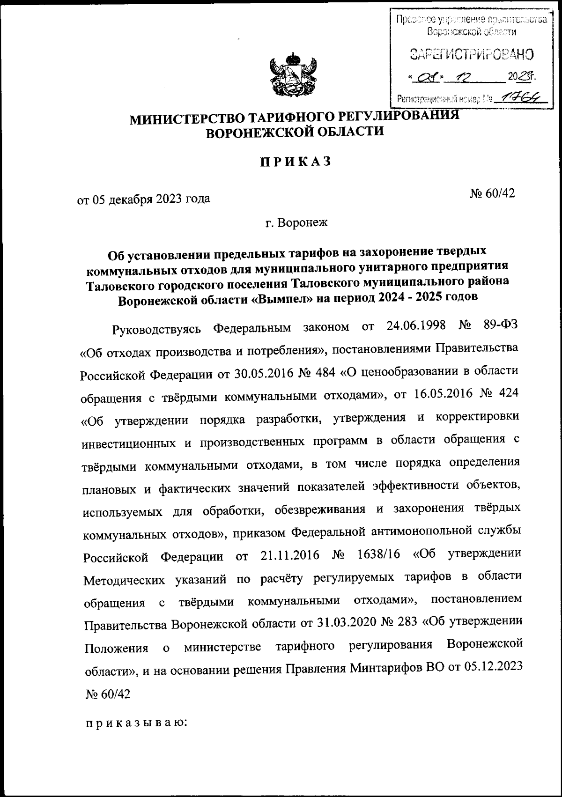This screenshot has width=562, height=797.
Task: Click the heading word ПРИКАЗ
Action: tap(296, 162)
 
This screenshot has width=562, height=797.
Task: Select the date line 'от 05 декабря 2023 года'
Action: tap(144, 200)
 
